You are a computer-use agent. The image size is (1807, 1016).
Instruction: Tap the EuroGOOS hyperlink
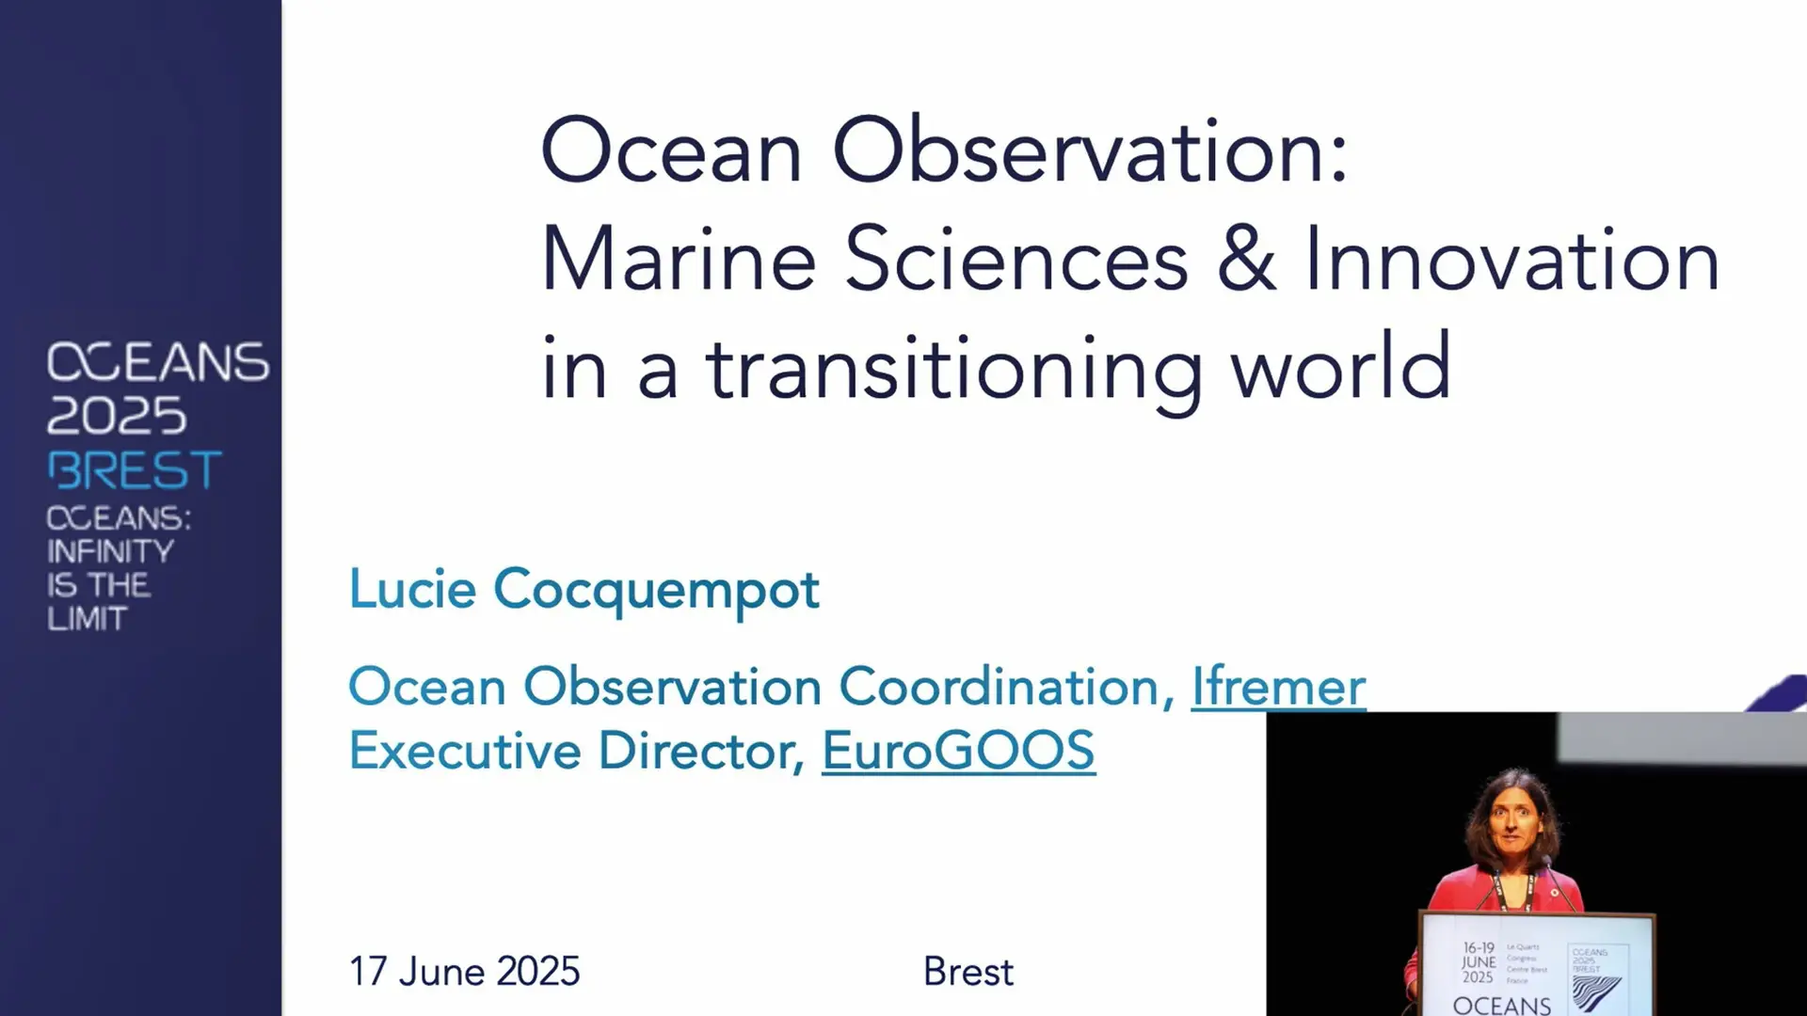pos(958,751)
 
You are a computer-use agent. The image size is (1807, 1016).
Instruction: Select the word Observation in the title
pos(1090,151)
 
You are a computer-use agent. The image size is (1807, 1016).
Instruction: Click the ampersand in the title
pos(1246,260)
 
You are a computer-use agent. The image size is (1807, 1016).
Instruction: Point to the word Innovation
pos(1511,260)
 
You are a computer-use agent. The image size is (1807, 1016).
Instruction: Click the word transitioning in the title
pos(954,369)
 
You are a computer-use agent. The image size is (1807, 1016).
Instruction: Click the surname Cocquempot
pos(656,591)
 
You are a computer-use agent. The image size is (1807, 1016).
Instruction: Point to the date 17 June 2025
pos(464,971)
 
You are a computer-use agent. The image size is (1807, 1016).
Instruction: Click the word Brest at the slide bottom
pos(967,971)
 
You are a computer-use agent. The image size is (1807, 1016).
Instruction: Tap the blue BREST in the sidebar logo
pos(135,470)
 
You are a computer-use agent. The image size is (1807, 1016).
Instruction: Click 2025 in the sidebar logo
pos(117,415)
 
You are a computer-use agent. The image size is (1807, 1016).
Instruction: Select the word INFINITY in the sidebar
pos(110,551)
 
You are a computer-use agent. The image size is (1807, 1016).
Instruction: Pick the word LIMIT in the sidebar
pos(87,619)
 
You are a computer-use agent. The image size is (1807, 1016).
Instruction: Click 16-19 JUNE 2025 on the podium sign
pos(1479,962)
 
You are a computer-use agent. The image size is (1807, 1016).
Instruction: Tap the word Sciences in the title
pos(1016,260)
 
